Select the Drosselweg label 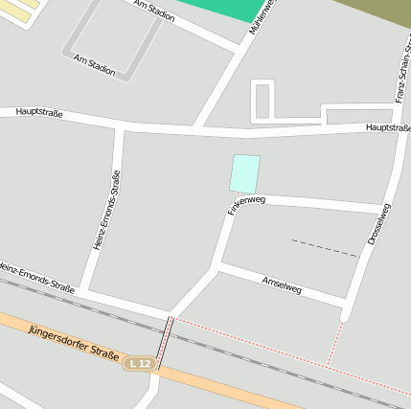(378, 223)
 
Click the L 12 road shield (140, 363)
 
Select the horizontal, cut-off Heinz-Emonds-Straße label (36, 278)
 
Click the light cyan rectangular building (244, 173)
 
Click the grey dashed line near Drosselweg (324, 248)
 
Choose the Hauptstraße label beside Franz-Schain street (388, 127)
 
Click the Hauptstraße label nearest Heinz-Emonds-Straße (39, 112)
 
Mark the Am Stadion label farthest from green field (94, 65)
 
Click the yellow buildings (19, 6)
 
